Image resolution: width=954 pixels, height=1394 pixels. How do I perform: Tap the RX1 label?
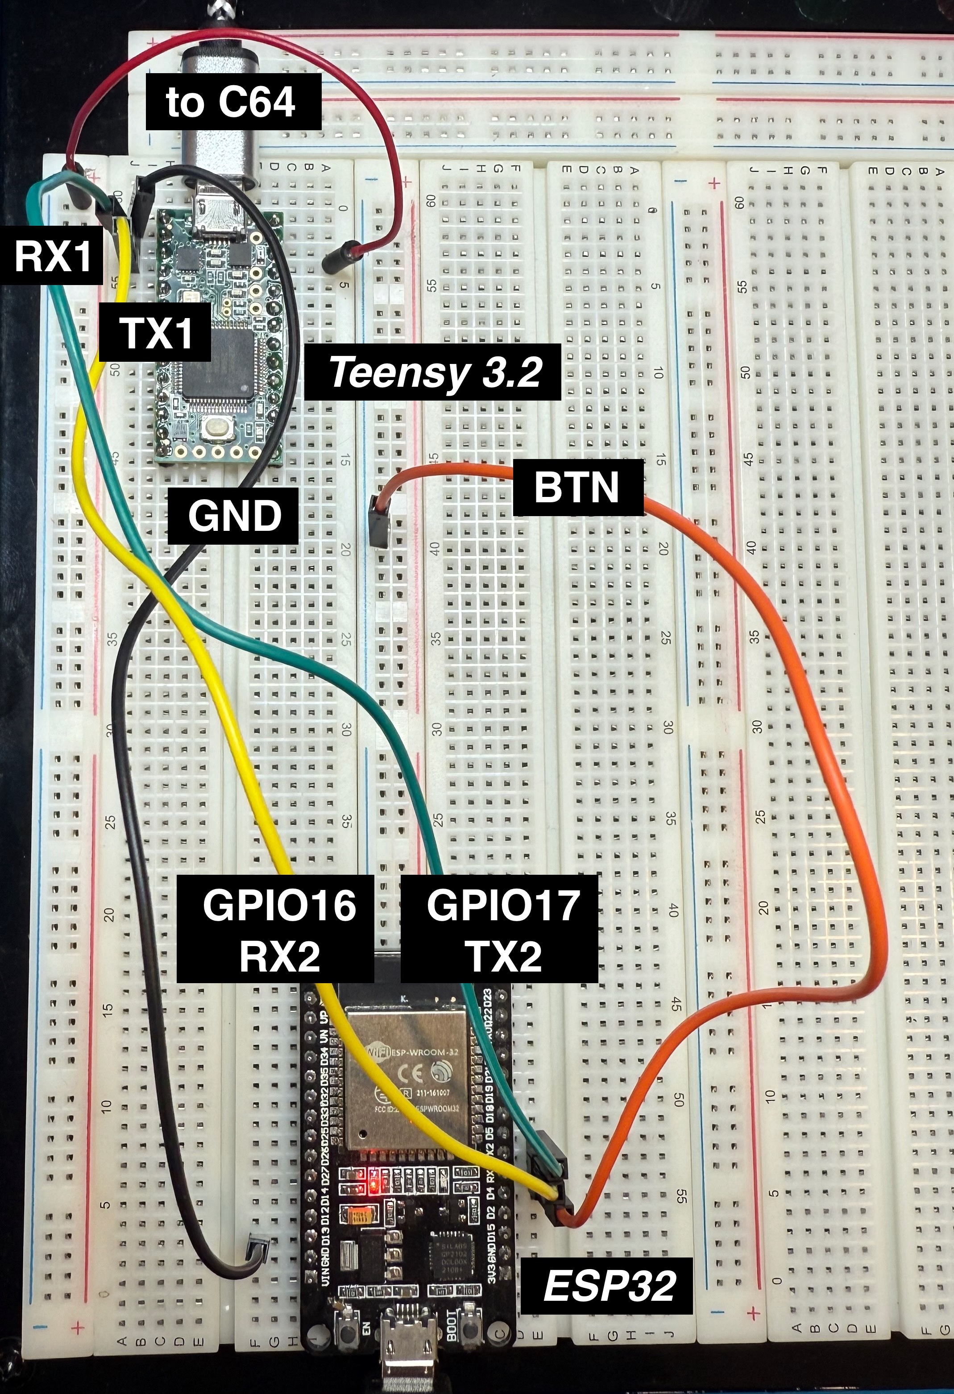pyautogui.click(x=53, y=256)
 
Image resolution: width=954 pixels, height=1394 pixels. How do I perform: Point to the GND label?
pyautogui.click(x=234, y=516)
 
